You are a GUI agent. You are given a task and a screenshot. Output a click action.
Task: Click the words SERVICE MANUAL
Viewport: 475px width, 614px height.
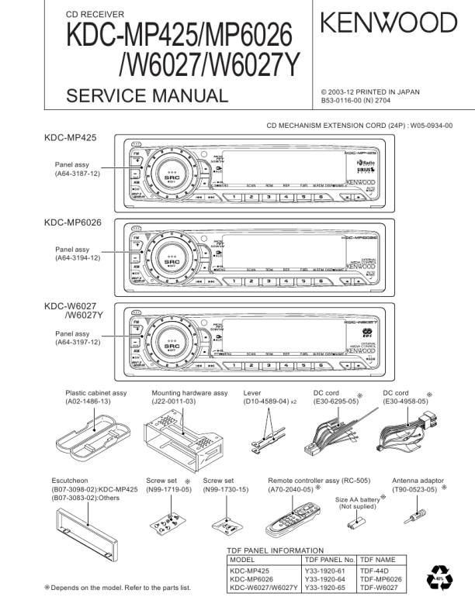coord(147,96)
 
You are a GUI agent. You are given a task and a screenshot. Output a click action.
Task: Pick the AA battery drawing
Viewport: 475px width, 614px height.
coord(356,524)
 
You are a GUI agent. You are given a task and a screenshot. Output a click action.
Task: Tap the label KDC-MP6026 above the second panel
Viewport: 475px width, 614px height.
coord(73,222)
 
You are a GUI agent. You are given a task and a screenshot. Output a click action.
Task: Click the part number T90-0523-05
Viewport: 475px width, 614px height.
coord(418,489)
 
